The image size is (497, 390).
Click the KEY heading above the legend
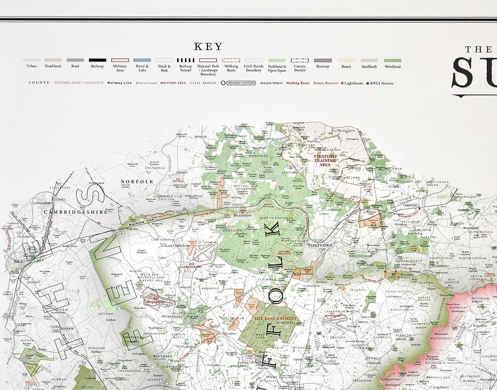[x=208, y=47]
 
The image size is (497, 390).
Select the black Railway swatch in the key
[x=97, y=60]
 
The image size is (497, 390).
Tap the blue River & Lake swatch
[x=142, y=60]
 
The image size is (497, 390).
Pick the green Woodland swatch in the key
[x=392, y=60]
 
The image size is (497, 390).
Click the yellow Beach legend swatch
[x=346, y=60]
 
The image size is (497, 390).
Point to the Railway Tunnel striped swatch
[x=186, y=60]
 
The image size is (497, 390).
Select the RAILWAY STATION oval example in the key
[x=238, y=82]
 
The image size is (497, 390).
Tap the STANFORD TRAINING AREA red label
[x=325, y=160]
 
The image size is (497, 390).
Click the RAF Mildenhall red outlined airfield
[x=158, y=299]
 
